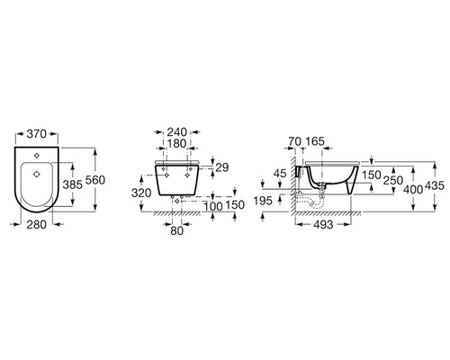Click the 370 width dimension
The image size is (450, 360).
pos(37,134)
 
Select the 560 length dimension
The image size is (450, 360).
pos(95,180)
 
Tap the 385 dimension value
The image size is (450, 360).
pos(72,184)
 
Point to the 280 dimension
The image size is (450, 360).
pos(37,224)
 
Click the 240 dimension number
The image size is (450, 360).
pos(177,132)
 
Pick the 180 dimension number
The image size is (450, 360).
pos(177,144)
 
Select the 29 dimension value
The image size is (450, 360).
pos(222,167)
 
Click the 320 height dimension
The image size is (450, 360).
pos(141,193)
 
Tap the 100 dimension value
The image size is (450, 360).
pos(213,206)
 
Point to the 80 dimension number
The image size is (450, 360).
pos(176,230)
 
